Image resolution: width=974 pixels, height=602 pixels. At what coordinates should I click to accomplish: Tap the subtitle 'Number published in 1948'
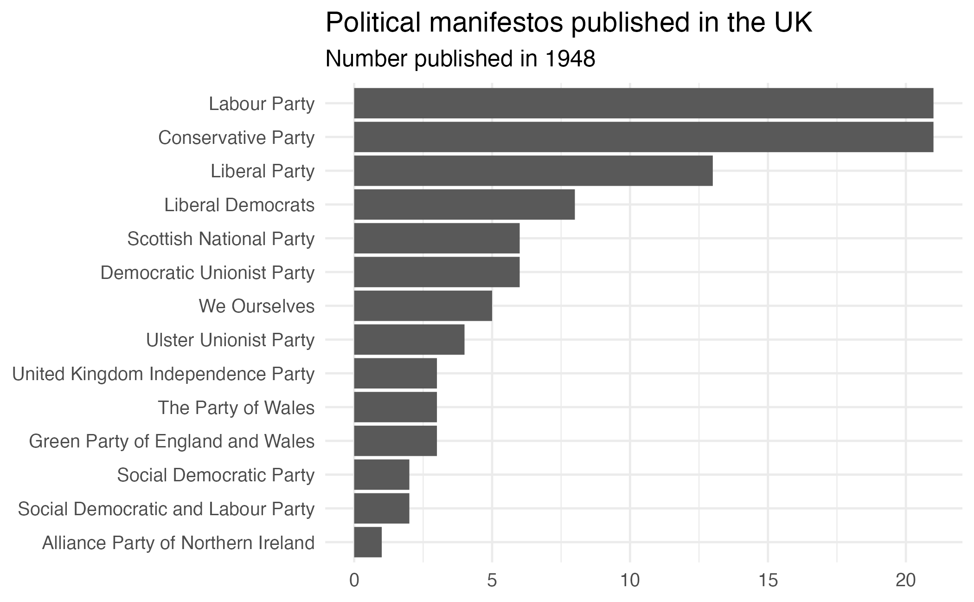[x=460, y=59]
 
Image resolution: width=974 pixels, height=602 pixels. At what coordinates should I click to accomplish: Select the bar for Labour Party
[x=643, y=103]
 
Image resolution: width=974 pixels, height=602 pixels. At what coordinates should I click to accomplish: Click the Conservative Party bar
[x=643, y=137]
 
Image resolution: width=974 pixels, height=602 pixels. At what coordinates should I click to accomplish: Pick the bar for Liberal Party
[x=533, y=171]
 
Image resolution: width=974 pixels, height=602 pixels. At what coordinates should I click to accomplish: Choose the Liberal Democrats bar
[x=464, y=205]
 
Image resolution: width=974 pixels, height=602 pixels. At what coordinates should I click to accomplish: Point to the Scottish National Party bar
[x=436, y=239]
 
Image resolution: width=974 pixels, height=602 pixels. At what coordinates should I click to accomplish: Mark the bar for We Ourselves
[x=423, y=306]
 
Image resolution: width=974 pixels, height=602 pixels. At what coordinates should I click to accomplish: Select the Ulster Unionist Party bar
[x=409, y=340]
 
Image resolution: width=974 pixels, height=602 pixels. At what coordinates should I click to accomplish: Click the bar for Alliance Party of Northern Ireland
[x=368, y=542]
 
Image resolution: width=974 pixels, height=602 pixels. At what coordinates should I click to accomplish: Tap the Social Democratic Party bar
[x=381, y=475]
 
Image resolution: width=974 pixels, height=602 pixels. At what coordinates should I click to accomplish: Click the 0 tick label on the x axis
[x=354, y=581]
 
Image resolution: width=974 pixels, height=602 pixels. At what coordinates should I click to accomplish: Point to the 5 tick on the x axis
[x=492, y=581]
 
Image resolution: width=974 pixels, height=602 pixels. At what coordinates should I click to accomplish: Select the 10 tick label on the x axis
[x=630, y=581]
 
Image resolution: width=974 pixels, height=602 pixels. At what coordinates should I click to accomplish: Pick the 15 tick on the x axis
[x=768, y=581]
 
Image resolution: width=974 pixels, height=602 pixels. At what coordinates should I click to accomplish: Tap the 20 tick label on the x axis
[x=905, y=581]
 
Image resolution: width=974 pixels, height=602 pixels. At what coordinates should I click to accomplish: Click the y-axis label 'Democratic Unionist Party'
[x=207, y=272]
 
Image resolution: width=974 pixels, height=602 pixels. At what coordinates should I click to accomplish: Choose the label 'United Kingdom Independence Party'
[x=163, y=374]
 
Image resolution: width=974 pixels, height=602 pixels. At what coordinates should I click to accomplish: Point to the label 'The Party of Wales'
[x=236, y=408]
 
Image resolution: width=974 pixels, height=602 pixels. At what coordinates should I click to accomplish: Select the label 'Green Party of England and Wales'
[x=172, y=441]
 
